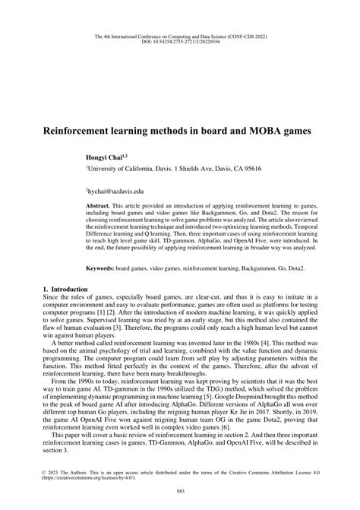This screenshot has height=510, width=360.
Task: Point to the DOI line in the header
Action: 180,42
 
